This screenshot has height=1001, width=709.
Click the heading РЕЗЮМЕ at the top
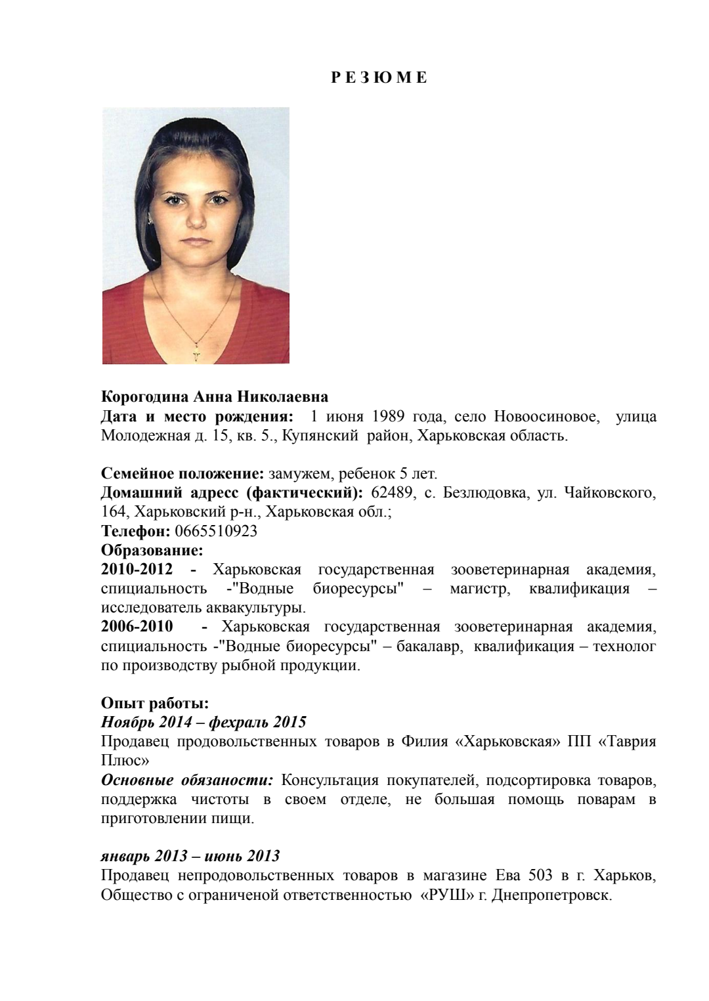tap(378, 78)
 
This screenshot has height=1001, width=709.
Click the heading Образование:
tap(152, 550)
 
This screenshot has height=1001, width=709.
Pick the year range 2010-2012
tap(137, 569)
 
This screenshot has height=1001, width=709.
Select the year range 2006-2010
tap(137, 627)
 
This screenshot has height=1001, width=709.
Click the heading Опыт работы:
tap(155, 704)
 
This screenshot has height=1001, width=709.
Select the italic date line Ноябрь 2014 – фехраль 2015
tap(204, 723)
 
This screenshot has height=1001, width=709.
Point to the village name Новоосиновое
tap(546, 417)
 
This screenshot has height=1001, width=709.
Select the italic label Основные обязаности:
tap(187, 780)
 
